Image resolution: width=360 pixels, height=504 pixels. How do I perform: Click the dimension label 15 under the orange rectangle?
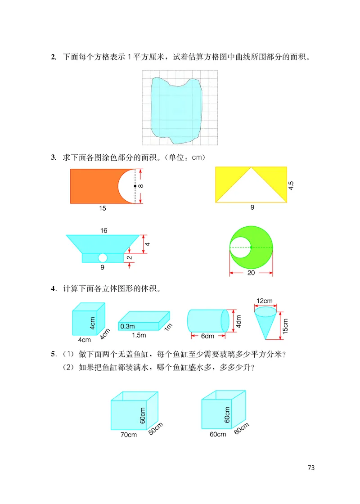(x=103, y=209)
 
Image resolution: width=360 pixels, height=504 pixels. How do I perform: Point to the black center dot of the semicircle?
(x=135, y=186)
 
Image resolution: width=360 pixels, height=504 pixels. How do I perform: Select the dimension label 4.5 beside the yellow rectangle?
(x=291, y=185)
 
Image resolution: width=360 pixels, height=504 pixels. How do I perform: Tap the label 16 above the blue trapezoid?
(x=104, y=230)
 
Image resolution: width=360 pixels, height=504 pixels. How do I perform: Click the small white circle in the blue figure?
(x=103, y=257)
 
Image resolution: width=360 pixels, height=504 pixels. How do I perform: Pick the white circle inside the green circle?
(x=240, y=247)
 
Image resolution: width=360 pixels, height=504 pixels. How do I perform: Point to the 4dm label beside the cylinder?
(x=238, y=321)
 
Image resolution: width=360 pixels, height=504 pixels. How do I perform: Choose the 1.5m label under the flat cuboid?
(x=139, y=336)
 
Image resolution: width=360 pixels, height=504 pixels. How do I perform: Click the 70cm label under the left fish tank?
(x=128, y=435)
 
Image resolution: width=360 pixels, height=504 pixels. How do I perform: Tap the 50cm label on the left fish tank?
(x=155, y=428)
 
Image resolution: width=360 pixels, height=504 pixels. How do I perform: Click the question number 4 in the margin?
(x=53, y=288)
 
